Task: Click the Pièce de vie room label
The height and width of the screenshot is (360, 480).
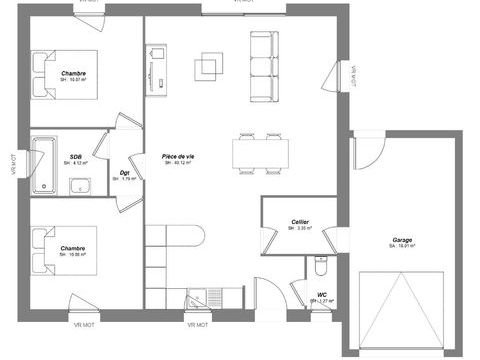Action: (177, 157)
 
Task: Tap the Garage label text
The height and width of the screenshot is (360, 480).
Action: (402, 240)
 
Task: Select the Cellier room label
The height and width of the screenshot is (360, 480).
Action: (299, 221)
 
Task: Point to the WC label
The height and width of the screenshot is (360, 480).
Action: (322, 294)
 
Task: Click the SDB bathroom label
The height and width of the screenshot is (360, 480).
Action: (76, 157)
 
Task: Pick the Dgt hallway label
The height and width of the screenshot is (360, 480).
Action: (125, 172)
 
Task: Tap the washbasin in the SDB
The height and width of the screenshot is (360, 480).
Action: (80, 185)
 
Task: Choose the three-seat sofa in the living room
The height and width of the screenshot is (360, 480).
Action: (263, 66)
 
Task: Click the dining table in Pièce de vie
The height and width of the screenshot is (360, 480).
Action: (260, 153)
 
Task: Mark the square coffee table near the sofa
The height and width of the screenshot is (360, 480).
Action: (208, 66)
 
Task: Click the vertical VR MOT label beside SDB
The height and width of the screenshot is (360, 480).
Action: (14, 163)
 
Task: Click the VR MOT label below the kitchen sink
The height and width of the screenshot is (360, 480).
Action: (199, 325)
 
